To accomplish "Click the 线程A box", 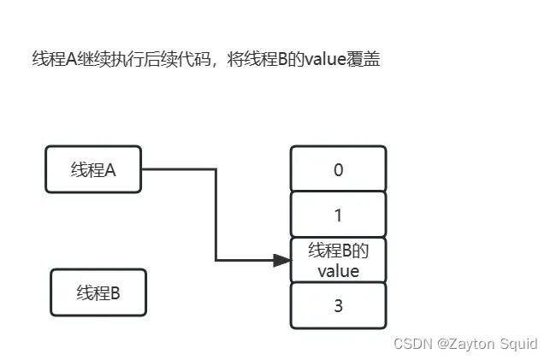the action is [93, 169].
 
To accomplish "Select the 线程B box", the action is [98, 292].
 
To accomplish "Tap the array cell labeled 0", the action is [339, 169].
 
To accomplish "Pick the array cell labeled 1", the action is [339, 215].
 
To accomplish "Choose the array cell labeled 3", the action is [339, 305].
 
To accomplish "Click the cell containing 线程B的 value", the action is [339, 260].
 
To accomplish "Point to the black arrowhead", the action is [282, 260].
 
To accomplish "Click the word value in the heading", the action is [326, 59].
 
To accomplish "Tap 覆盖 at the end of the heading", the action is [364, 59].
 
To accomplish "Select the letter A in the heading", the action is [71, 59].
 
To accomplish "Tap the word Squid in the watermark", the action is [518, 344].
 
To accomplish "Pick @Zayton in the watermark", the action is [466, 344].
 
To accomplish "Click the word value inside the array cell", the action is [339, 271].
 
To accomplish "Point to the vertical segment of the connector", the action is [216, 215].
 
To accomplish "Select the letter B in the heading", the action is [283, 59].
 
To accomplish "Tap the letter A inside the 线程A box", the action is [110, 170].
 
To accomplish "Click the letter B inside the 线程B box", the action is [115, 293].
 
